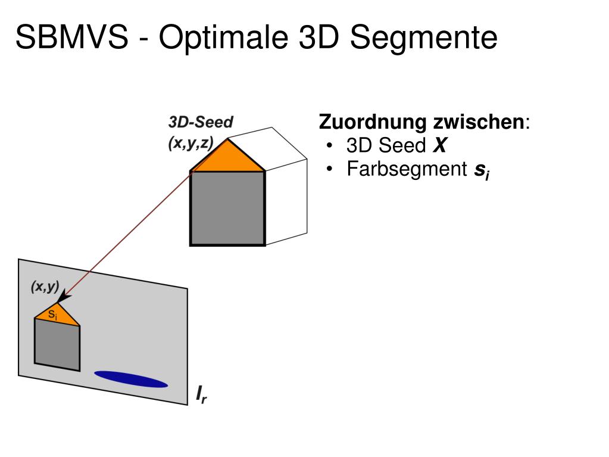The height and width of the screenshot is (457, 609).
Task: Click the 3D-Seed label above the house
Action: tap(201, 122)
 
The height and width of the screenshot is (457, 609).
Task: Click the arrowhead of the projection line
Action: tap(64, 296)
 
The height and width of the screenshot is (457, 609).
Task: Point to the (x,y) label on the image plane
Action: tap(45, 287)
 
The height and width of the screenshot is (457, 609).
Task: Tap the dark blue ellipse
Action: tap(131, 379)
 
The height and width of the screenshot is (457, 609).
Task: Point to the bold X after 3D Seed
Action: tap(439, 146)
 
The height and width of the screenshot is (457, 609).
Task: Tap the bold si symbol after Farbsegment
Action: tap(480, 172)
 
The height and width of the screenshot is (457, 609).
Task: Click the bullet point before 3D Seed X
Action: tap(330, 147)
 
